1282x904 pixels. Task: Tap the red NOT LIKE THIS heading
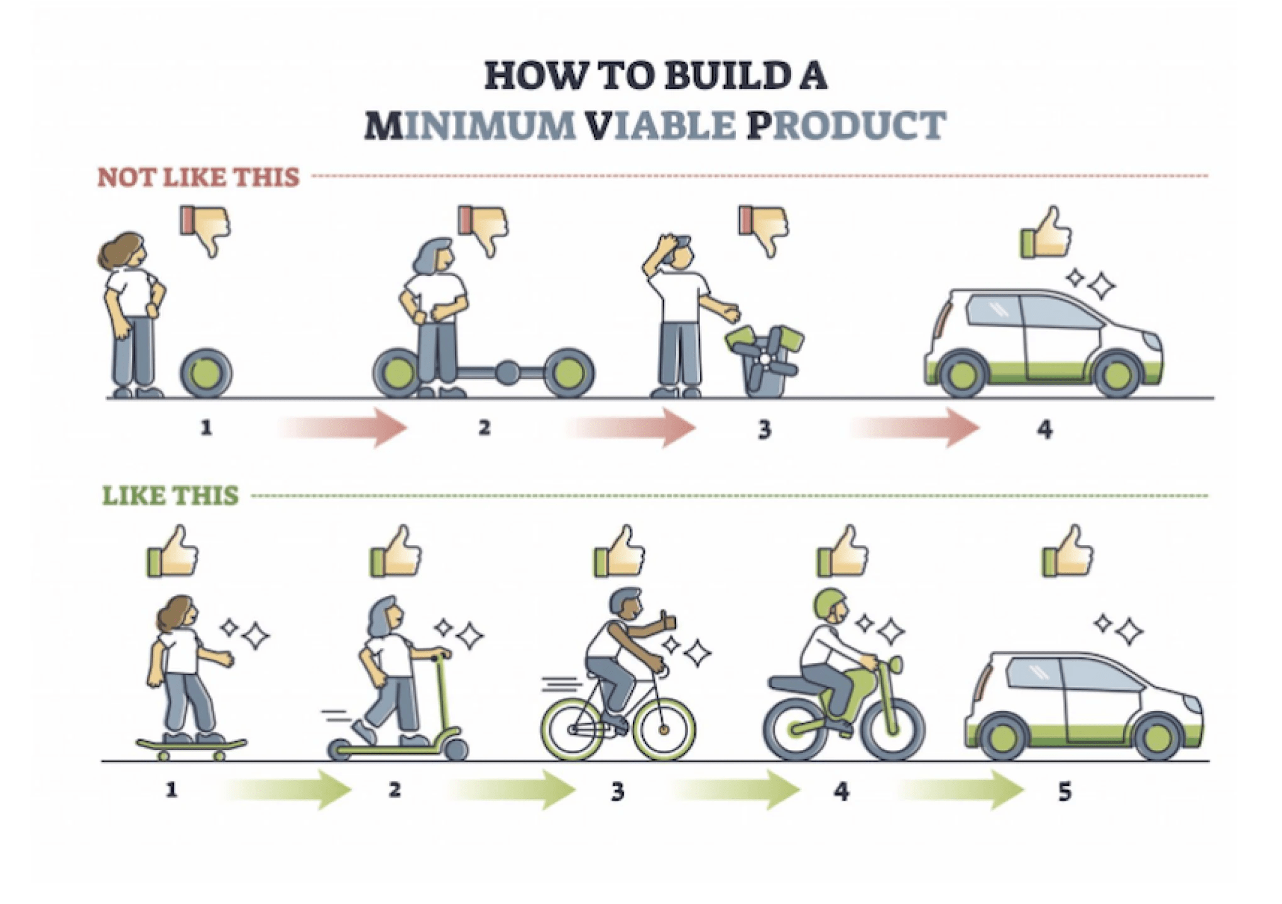click(199, 177)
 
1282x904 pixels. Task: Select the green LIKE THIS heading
click(170, 495)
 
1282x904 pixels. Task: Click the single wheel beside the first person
click(206, 373)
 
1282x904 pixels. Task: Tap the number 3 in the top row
click(764, 429)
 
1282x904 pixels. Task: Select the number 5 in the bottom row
click(1064, 791)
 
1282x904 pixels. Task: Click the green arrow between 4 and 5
click(961, 790)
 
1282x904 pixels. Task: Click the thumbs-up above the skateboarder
click(173, 553)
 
